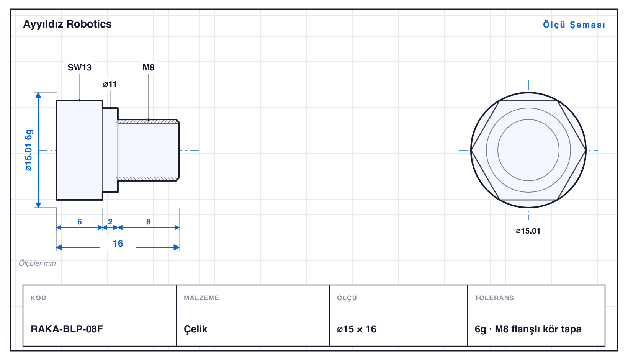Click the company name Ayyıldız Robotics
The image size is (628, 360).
[x=67, y=24]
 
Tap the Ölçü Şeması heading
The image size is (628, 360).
[x=574, y=25]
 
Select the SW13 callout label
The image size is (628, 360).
[x=80, y=67]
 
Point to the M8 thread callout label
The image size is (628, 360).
[x=148, y=67]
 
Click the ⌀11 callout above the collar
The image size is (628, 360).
[x=110, y=84]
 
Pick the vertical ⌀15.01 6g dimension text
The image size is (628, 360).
[x=29, y=150]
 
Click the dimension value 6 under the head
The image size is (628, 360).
[x=80, y=222]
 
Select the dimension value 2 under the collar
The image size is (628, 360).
[x=110, y=222]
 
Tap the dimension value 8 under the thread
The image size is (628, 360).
[x=148, y=222]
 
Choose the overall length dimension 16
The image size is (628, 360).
[x=118, y=243]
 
